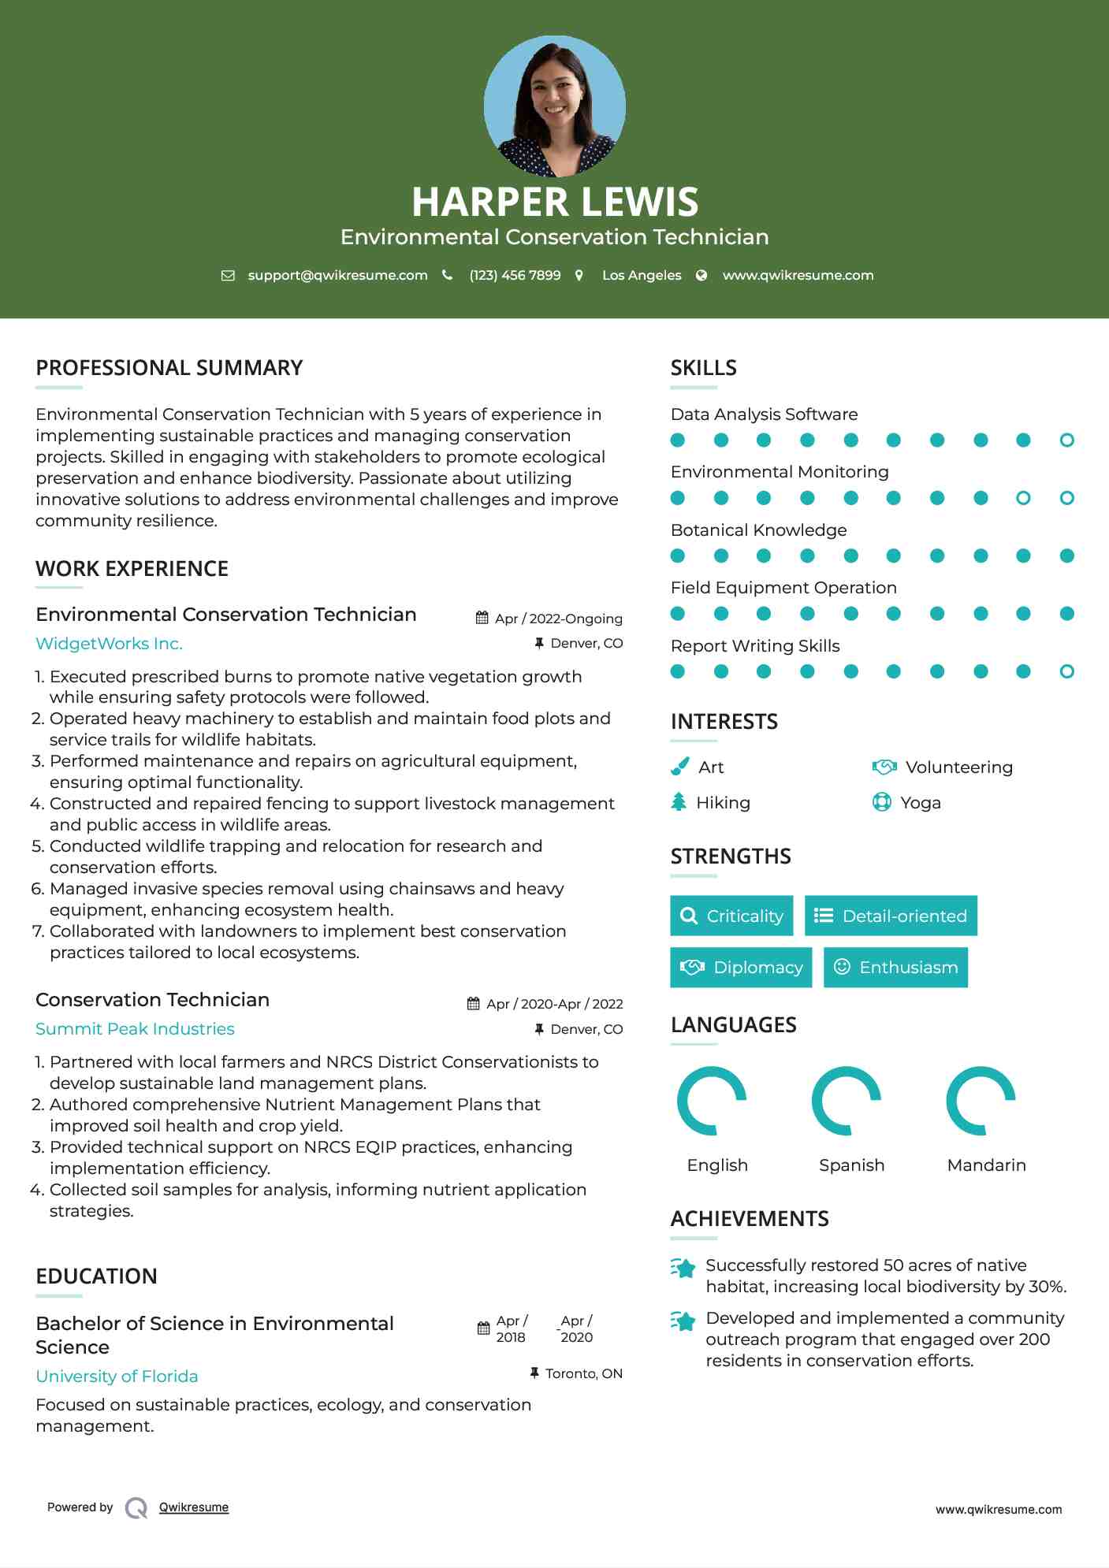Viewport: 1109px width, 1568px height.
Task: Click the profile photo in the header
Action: tap(554, 106)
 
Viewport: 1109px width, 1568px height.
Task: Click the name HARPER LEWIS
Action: tap(554, 202)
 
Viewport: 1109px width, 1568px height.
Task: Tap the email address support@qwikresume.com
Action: tap(337, 275)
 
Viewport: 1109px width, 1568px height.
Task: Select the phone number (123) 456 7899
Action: tap(515, 275)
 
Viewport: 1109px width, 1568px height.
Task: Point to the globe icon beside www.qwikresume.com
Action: tap(701, 275)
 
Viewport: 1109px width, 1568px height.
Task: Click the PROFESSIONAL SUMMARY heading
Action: tap(169, 368)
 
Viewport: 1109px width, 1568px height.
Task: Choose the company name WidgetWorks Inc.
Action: tap(109, 644)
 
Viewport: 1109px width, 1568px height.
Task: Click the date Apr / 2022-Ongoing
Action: tap(558, 619)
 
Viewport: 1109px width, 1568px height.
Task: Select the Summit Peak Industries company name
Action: tap(135, 1029)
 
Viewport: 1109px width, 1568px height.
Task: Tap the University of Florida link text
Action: tap(117, 1377)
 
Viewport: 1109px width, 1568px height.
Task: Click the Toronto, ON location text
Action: tap(583, 1373)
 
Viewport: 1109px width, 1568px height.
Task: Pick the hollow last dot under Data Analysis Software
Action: tap(1066, 440)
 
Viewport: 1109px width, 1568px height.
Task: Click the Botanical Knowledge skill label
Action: tap(758, 530)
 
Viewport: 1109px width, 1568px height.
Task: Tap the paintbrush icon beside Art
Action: tap(679, 767)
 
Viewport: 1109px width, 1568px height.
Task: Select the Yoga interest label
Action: tap(920, 803)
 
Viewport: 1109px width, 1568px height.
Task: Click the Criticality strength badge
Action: tap(731, 916)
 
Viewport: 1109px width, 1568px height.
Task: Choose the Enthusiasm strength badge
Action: tap(895, 968)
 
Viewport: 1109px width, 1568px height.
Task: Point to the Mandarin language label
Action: tap(986, 1165)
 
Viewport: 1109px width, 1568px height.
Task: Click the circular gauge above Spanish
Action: tap(847, 1101)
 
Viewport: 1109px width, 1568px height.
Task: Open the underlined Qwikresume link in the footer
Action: tap(194, 1507)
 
